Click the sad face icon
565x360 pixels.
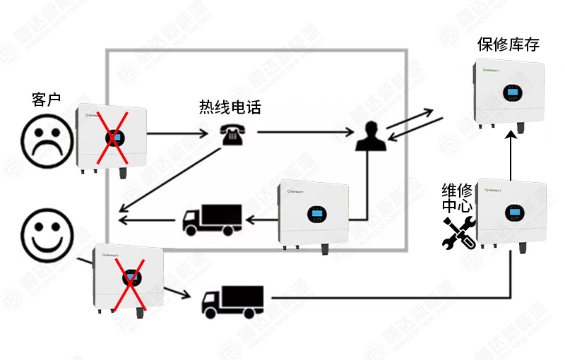(47, 138)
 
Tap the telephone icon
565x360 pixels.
(230, 133)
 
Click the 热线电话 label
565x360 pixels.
(230, 108)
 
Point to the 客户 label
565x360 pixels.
(47, 100)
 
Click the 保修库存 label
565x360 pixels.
(509, 45)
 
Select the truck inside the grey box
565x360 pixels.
(212, 220)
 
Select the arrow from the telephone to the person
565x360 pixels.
(304, 132)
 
